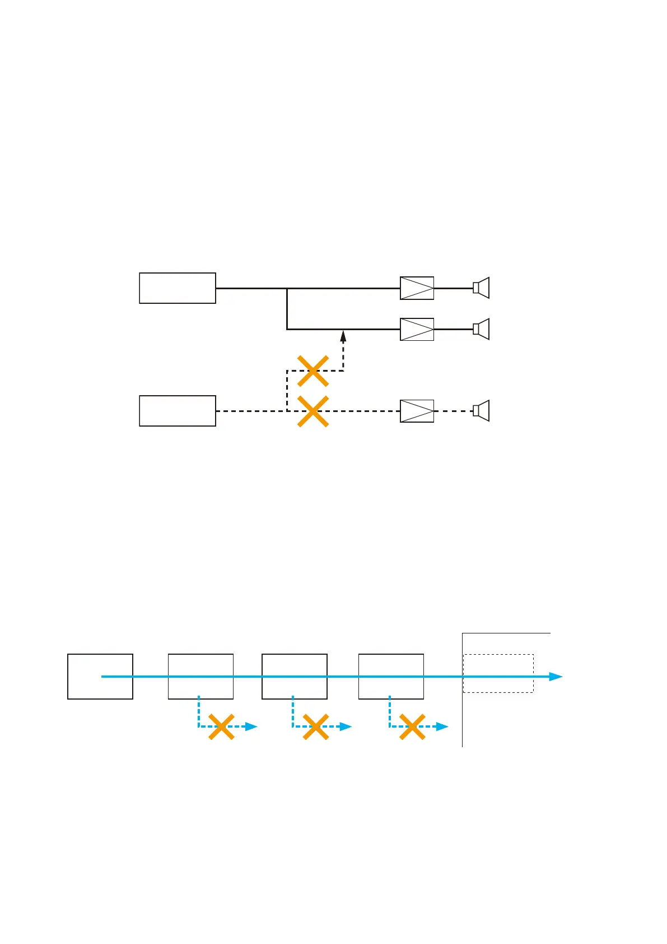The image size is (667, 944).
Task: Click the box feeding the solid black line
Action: [177, 288]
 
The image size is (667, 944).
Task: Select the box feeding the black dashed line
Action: [177, 411]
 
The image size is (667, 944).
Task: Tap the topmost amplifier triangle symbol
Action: [417, 288]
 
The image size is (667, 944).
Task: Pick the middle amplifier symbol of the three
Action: [417, 329]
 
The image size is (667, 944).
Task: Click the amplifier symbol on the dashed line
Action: [417, 411]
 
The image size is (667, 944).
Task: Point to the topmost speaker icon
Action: [481, 288]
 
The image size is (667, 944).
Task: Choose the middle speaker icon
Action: [481, 329]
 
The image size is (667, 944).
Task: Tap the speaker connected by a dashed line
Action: [481, 411]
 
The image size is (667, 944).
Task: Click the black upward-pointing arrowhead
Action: [343, 337]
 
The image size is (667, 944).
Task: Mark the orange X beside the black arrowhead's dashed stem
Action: [312, 371]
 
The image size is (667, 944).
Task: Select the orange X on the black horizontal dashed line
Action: [312, 411]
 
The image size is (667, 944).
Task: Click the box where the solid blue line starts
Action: [100, 676]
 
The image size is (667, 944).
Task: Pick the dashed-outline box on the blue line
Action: [498, 673]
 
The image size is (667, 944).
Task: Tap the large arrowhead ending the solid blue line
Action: [556, 677]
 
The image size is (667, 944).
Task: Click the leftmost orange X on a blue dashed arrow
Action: [221, 726]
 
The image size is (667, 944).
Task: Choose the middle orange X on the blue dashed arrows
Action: [315, 726]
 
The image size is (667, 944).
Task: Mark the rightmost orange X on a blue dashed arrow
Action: [412, 726]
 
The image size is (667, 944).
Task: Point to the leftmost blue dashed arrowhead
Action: [251, 726]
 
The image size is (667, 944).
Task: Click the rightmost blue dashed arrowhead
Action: [442, 726]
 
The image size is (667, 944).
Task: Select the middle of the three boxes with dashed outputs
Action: [294, 676]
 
